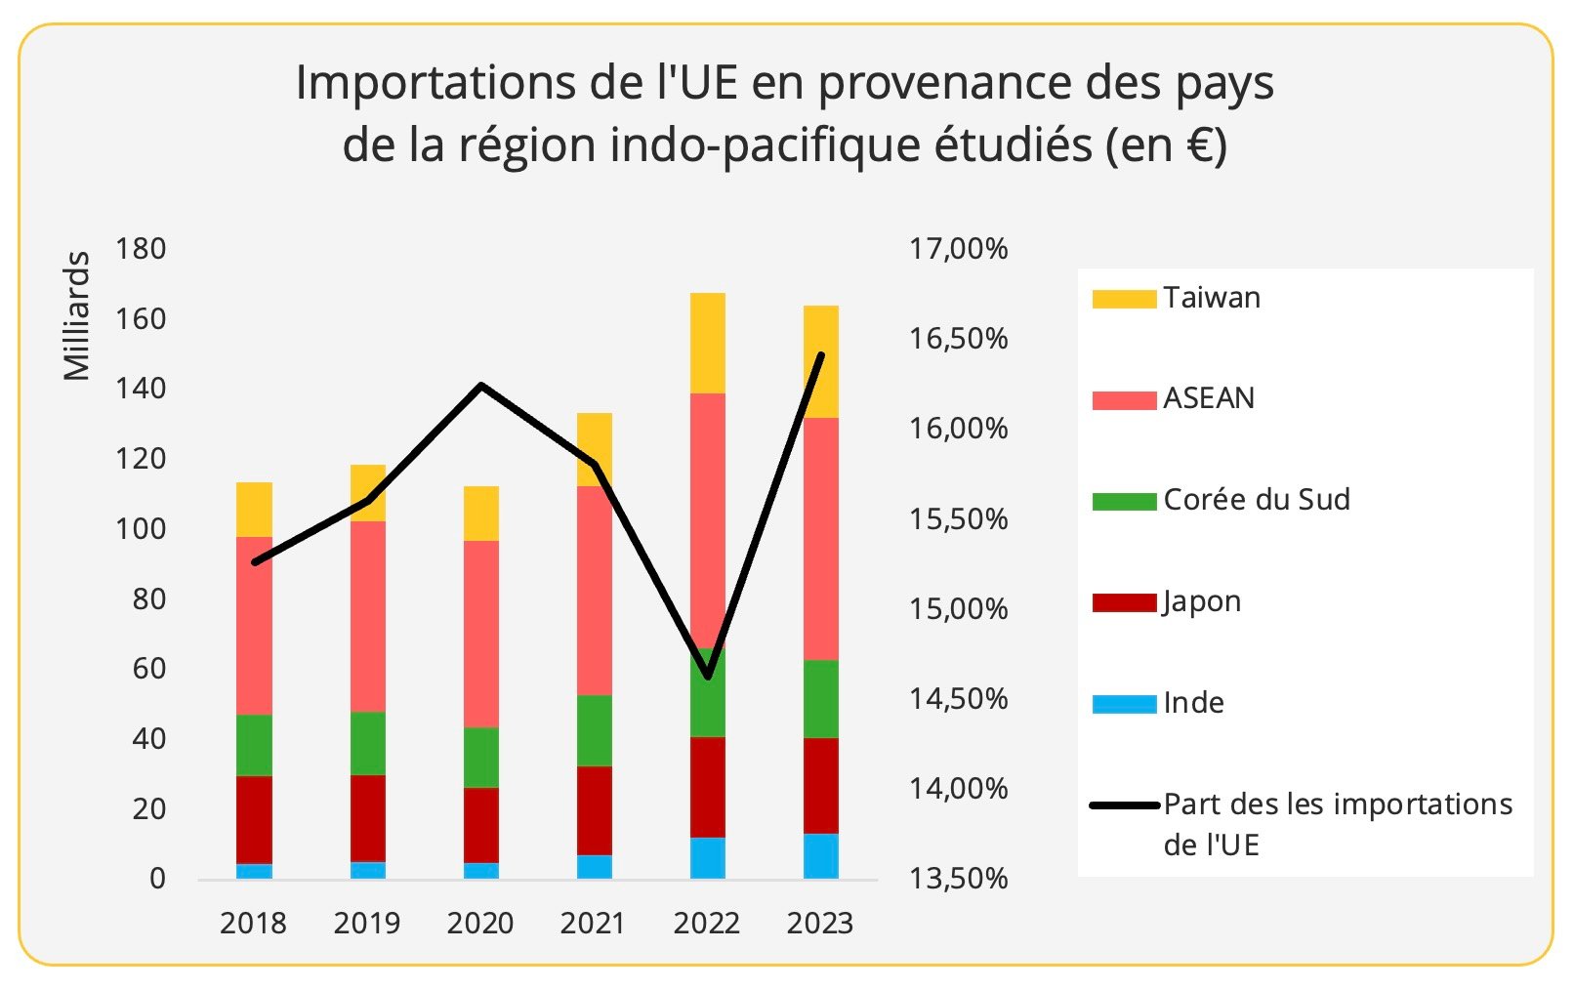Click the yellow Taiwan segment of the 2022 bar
(x=707, y=343)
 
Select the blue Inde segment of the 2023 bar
(x=820, y=856)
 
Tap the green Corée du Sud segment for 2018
(x=254, y=745)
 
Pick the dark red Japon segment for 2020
(x=480, y=825)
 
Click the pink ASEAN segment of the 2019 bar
(x=367, y=616)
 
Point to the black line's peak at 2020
(x=480, y=386)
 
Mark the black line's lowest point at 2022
(x=707, y=677)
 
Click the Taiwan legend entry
(x=1211, y=298)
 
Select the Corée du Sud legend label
(x=1257, y=500)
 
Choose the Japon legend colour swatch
(x=1123, y=602)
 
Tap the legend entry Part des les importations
(x=1337, y=804)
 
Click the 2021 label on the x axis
(x=593, y=923)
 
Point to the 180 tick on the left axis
(x=141, y=249)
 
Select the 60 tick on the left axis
(x=148, y=669)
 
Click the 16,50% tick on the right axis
(x=958, y=339)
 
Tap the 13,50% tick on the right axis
(x=958, y=879)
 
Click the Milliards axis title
(x=76, y=315)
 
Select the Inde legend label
(x=1193, y=703)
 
